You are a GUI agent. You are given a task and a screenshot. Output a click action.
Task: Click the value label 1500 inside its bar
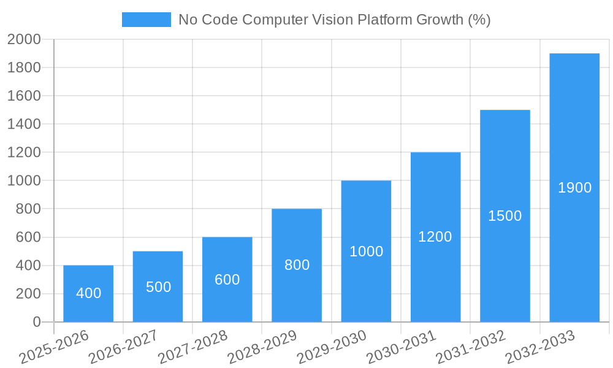[x=504, y=216]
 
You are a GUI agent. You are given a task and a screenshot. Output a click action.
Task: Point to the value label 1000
[x=366, y=251]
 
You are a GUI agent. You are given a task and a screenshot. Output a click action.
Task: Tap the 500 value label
[x=158, y=287]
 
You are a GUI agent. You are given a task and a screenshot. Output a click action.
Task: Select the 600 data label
[x=227, y=280]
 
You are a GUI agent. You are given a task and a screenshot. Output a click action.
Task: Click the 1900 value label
[x=574, y=188]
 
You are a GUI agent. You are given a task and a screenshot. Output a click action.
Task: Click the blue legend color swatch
[x=146, y=20]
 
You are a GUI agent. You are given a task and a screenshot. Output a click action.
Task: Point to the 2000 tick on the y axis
[x=24, y=39]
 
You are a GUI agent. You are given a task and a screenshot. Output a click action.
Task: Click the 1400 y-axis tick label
[x=24, y=124]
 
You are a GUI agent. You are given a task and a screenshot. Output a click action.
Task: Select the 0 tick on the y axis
[x=36, y=322]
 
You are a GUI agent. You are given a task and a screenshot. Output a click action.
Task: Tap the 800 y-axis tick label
[x=28, y=209]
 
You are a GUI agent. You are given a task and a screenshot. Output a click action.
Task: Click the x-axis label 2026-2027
[x=123, y=347]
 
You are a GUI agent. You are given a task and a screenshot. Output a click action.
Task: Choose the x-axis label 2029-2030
[x=332, y=347]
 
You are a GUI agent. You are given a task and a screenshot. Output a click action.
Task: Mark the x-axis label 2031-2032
[x=471, y=347]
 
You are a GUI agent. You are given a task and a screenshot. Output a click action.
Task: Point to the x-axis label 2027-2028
[x=192, y=347]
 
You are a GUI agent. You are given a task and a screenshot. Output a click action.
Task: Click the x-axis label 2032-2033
[x=540, y=347]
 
